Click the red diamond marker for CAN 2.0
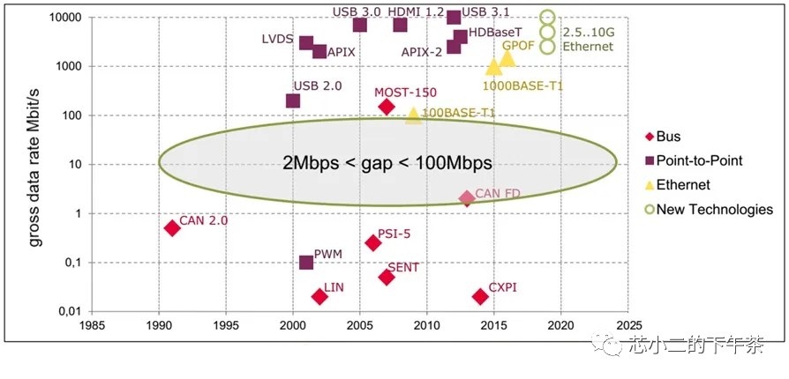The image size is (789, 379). (x=172, y=227)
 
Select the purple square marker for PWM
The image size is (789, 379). (x=306, y=263)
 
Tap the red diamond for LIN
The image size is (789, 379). (x=319, y=296)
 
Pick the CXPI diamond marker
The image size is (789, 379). (x=480, y=296)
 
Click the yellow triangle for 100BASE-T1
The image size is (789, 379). (x=413, y=115)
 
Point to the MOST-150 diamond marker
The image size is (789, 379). (x=387, y=107)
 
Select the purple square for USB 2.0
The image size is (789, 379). (x=293, y=100)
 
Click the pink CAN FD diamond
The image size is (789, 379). (x=467, y=198)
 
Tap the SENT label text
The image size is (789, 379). (x=403, y=267)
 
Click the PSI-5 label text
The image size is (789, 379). (x=394, y=234)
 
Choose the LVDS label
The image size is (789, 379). (x=279, y=40)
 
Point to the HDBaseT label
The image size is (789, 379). (x=495, y=32)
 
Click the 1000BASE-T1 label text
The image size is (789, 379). (x=522, y=85)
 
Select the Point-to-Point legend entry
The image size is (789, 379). (x=705, y=160)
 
